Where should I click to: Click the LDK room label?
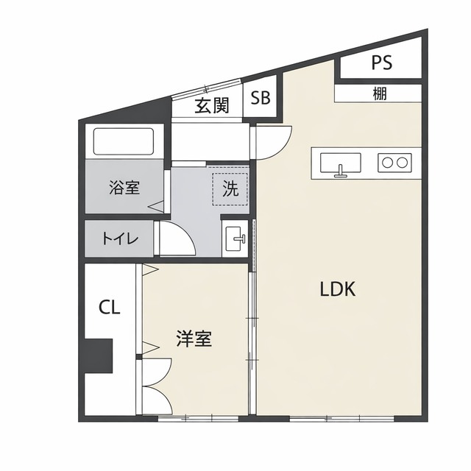pos(338,289)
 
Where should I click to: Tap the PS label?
pos(380,63)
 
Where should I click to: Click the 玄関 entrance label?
pos(211,105)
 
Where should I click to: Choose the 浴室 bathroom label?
pos(123,187)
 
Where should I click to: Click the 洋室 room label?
pos(194,339)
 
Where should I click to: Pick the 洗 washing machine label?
pos(230,188)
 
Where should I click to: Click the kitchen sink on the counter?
pos(339,163)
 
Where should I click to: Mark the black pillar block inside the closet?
pos(97,356)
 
